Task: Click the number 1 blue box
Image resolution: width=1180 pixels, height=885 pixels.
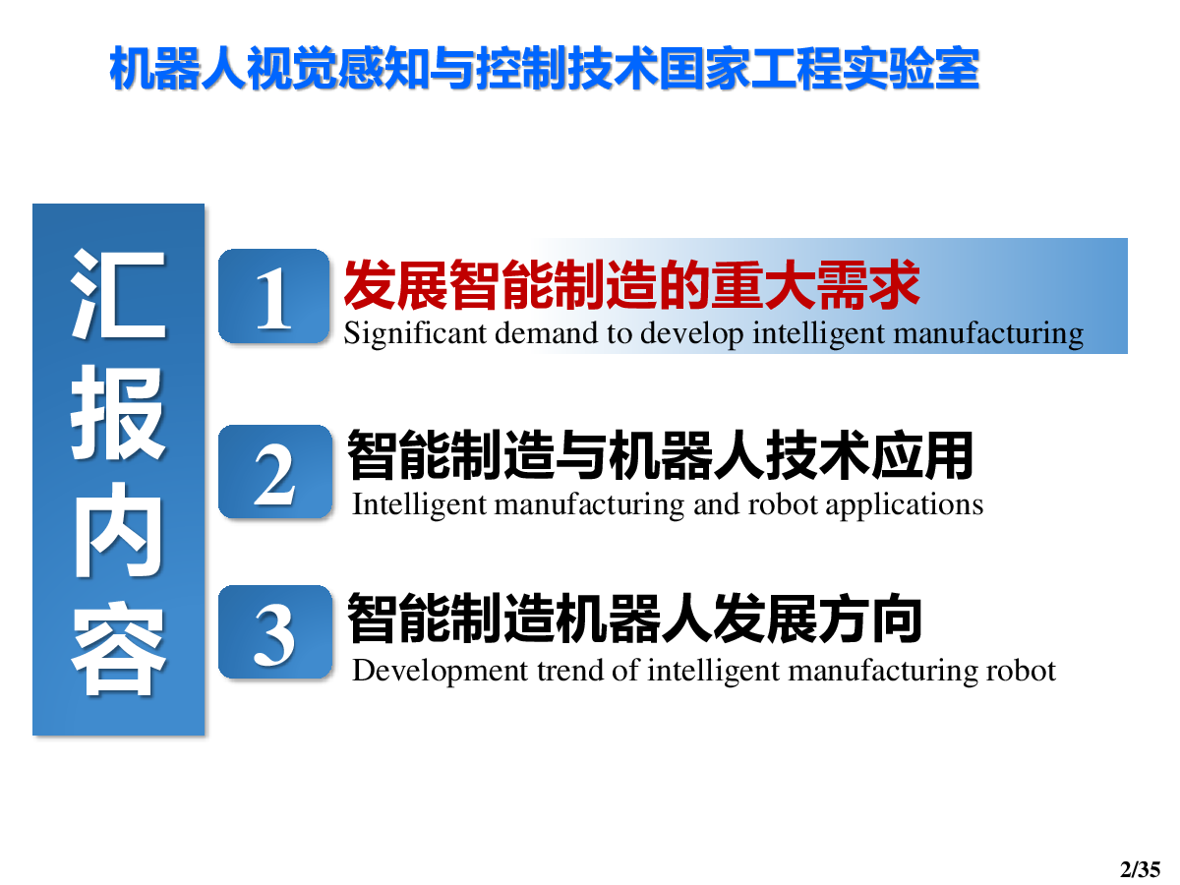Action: pyautogui.click(x=273, y=296)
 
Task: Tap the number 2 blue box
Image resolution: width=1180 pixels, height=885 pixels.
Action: pyautogui.click(x=274, y=471)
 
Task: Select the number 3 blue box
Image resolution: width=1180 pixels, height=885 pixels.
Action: pyautogui.click(x=274, y=632)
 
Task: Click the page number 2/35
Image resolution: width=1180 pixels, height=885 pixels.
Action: pyautogui.click(x=1141, y=869)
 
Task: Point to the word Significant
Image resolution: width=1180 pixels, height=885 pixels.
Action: pyautogui.click(x=415, y=333)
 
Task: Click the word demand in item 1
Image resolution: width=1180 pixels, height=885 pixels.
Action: pyautogui.click(x=546, y=333)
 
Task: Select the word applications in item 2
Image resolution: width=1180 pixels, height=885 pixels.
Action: pyautogui.click(x=904, y=505)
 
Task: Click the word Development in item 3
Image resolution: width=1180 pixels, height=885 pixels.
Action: pyautogui.click(x=440, y=672)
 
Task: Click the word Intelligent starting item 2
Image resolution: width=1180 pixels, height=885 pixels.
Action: pyautogui.click(x=419, y=505)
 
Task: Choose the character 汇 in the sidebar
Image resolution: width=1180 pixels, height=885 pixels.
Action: pyautogui.click(x=118, y=294)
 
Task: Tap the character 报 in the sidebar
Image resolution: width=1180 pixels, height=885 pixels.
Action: pyautogui.click(x=118, y=413)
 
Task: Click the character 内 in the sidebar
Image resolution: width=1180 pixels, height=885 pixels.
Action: pyautogui.click(x=118, y=530)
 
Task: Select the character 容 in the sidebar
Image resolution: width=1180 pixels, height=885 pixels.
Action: pyautogui.click(x=118, y=648)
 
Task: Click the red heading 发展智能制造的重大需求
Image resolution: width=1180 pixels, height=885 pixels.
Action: pyautogui.click(x=631, y=284)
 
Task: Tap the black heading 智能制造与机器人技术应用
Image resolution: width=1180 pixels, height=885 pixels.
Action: pyautogui.click(x=661, y=454)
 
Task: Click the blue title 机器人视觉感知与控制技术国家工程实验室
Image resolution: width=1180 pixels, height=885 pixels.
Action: pyautogui.click(x=544, y=69)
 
